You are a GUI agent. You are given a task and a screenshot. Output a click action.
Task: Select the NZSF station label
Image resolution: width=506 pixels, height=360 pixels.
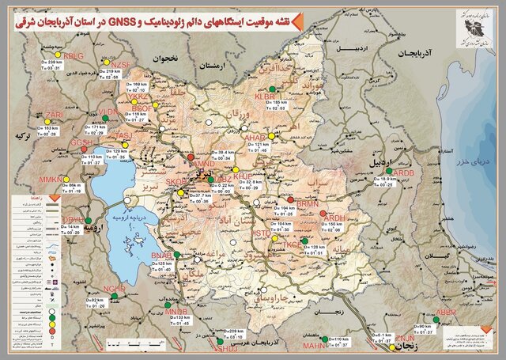click(x=120, y=64)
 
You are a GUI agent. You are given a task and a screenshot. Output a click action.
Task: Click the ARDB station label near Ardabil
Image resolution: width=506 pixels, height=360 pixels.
click(x=402, y=173)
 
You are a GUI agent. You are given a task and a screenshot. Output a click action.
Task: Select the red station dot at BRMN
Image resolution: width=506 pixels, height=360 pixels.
click(x=290, y=200)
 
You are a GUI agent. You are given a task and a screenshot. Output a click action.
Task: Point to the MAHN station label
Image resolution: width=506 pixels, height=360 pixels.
click(x=314, y=346)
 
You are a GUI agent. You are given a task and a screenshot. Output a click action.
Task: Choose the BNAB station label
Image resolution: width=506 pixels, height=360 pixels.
click(x=161, y=255)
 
